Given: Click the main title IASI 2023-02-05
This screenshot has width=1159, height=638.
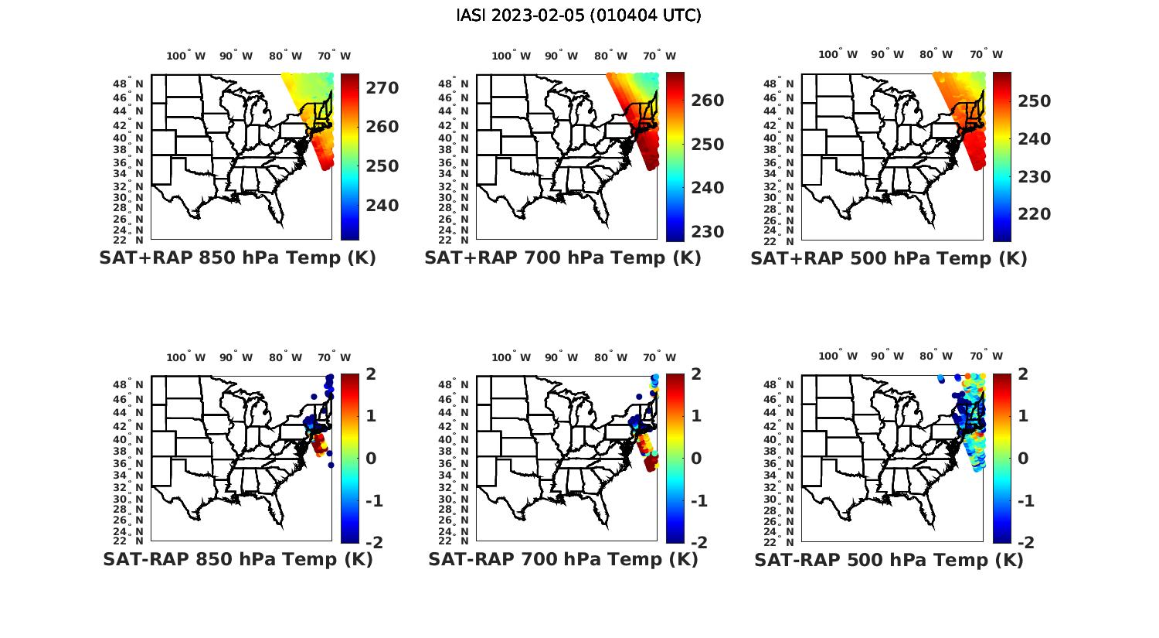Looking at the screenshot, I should [x=579, y=15].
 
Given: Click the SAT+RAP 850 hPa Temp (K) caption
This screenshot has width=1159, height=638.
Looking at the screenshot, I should [x=237, y=258].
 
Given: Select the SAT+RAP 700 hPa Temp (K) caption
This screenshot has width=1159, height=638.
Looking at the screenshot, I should [x=563, y=258].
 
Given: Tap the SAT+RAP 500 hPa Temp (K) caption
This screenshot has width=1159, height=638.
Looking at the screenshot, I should [x=889, y=258].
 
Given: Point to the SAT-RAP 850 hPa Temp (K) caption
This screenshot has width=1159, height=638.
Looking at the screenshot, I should [x=237, y=559].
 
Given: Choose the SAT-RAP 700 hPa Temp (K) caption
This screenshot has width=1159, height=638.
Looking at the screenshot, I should [x=563, y=559].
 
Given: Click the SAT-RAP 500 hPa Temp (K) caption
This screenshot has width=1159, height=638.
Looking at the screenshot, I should [x=889, y=559].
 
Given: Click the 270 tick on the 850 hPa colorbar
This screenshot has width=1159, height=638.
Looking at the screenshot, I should [x=382, y=88].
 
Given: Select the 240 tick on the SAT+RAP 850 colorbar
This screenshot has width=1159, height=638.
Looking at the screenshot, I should [x=382, y=206].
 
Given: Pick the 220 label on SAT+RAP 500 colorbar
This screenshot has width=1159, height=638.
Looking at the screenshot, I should [x=1035, y=214].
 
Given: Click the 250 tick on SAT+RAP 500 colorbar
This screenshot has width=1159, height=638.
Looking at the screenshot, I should [x=1035, y=101].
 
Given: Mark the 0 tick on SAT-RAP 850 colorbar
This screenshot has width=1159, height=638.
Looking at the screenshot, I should [x=370, y=458].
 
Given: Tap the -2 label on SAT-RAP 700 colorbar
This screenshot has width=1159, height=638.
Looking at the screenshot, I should [x=697, y=542].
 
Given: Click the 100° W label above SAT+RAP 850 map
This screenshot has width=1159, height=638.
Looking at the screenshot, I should [x=186, y=56].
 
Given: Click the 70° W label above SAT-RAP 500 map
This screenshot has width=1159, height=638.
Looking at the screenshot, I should [x=986, y=357].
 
